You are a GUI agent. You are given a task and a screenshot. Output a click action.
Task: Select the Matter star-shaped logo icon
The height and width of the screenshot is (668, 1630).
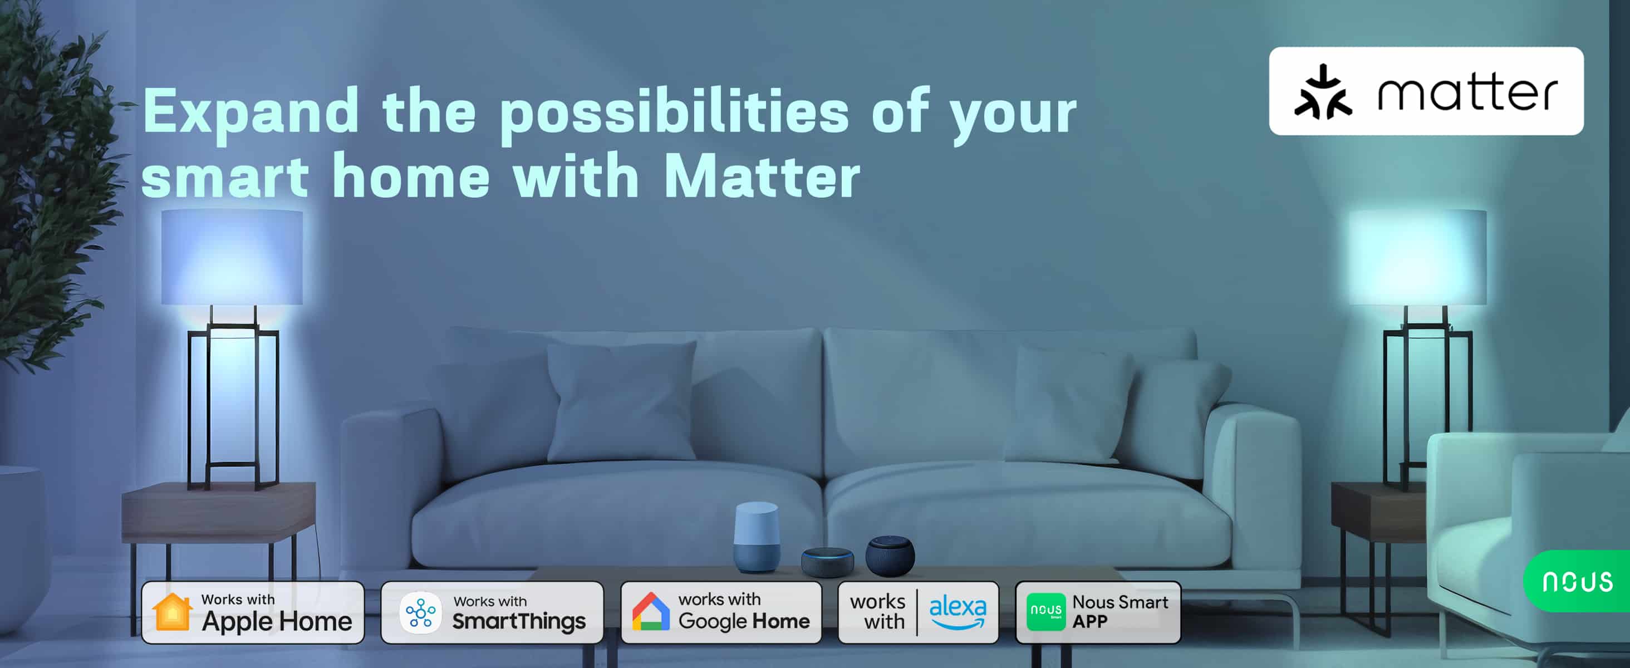[x=1323, y=92]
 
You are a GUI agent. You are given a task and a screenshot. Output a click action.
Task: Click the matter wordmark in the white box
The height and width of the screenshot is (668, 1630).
[x=1467, y=92]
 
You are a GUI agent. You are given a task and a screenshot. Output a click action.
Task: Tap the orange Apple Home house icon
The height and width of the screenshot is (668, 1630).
[x=172, y=612]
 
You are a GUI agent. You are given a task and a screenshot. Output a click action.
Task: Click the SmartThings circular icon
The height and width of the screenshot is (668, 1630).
[x=420, y=612]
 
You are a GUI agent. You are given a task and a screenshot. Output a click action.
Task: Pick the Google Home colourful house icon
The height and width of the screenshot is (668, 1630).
[x=650, y=612]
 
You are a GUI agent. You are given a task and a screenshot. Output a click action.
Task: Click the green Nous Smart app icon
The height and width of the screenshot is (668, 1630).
[x=1045, y=612]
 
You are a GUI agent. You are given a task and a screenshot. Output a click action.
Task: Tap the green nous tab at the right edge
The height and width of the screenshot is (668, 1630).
[x=1577, y=581]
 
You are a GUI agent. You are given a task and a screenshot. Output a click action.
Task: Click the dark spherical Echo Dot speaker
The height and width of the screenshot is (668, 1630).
[x=890, y=556]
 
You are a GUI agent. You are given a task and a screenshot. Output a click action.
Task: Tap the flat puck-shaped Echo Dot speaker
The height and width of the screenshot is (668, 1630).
[x=827, y=562]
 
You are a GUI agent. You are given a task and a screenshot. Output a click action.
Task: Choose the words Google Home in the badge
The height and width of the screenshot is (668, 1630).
[x=744, y=622]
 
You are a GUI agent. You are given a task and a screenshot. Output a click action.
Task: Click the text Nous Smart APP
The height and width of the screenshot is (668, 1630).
[x=1120, y=612]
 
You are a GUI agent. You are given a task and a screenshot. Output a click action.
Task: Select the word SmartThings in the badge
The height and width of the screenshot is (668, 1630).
[x=519, y=622]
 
